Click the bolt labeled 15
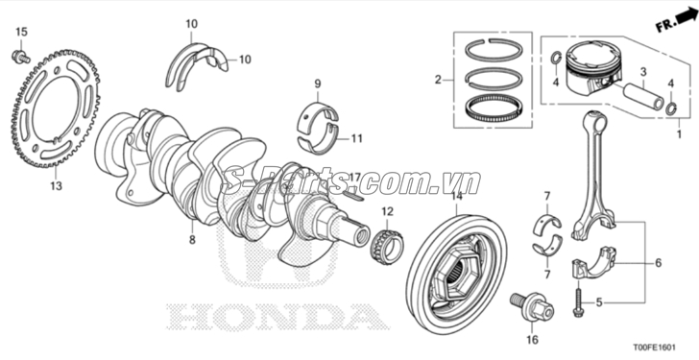point(20,57)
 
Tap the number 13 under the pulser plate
point(56,185)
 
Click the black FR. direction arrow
point(687,18)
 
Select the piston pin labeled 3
point(643,94)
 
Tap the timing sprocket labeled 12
point(387,245)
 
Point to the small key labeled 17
point(354,195)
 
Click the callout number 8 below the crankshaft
point(192,240)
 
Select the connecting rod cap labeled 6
point(593,264)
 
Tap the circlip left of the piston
point(556,58)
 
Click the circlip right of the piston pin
point(672,108)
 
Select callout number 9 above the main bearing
point(318,84)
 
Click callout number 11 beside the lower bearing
point(356,138)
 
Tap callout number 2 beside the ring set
point(438,80)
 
